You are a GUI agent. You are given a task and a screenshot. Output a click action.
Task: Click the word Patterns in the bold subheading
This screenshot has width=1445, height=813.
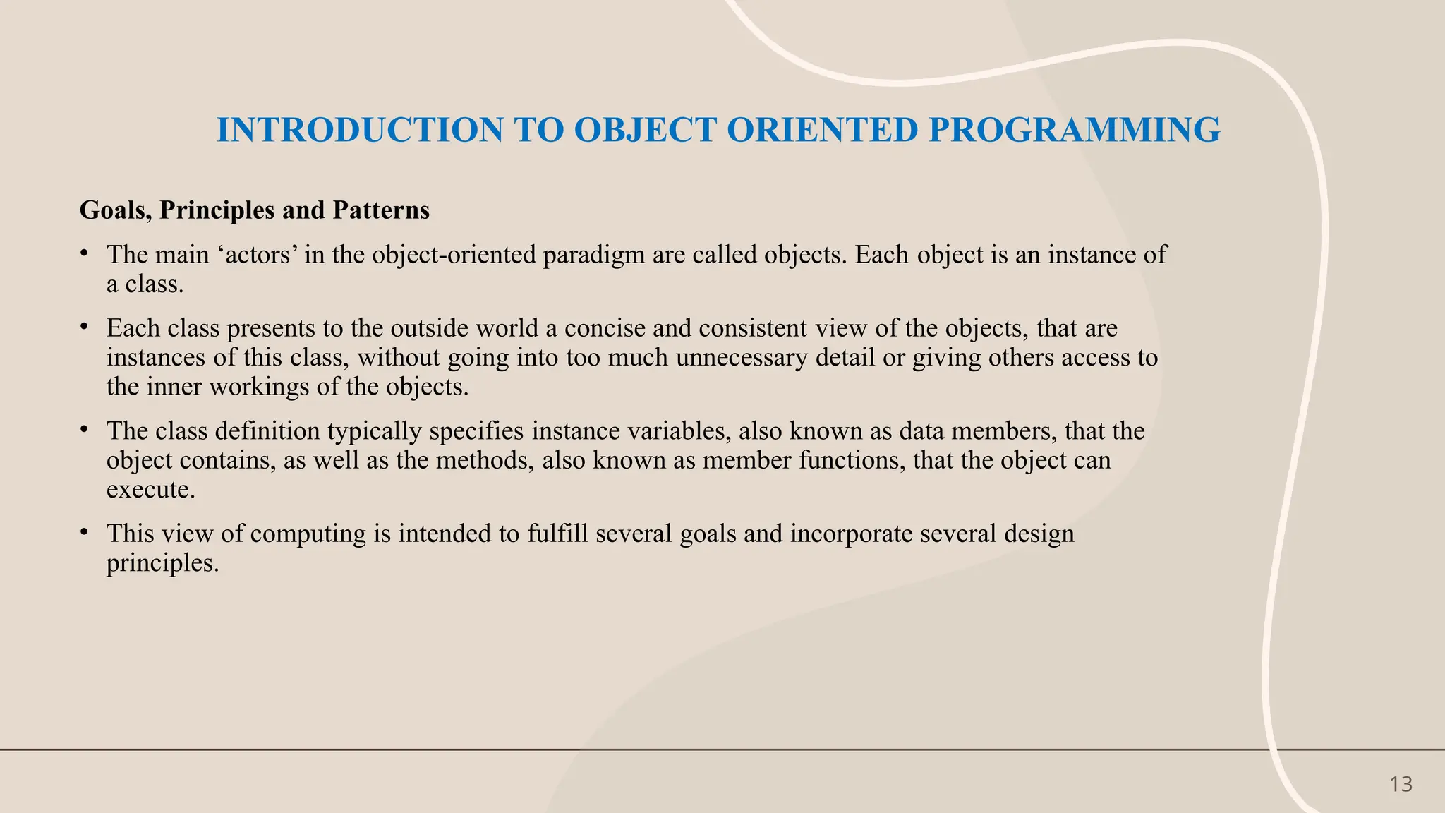[x=381, y=210]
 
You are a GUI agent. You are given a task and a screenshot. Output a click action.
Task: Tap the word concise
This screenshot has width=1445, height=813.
[x=612, y=328]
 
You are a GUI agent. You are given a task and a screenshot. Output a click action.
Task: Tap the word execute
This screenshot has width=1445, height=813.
[x=150, y=490]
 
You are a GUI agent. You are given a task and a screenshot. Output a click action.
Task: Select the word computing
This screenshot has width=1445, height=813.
[x=308, y=534]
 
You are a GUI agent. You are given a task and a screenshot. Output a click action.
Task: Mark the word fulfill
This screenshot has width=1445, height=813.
[x=557, y=534]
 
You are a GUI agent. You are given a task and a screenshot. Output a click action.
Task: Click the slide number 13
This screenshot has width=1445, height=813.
[x=1401, y=785]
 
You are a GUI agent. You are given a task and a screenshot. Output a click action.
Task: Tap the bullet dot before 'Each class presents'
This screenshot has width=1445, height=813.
[x=84, y=326]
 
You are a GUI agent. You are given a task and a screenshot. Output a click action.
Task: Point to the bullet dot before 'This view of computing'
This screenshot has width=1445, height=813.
[x=84, y=531]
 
